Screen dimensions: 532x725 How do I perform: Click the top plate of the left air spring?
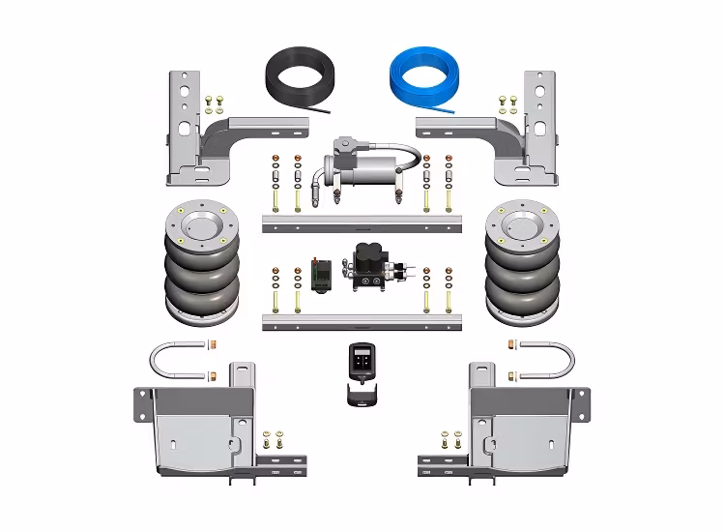pos(201,225)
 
